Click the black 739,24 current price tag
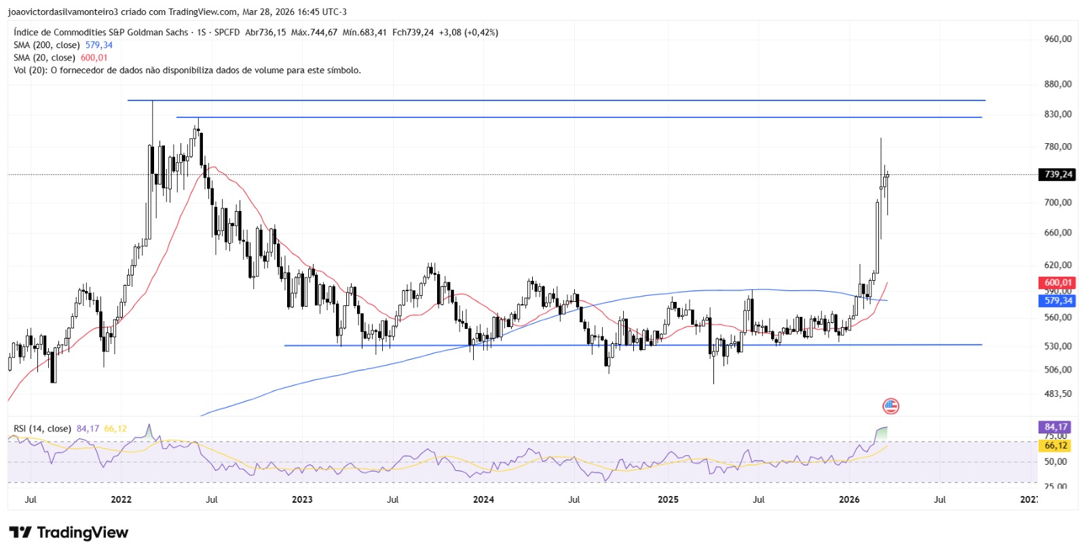point(1057,174)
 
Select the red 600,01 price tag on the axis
point(1057,282)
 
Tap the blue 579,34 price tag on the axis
point(1057,301)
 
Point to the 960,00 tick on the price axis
point(1057,39)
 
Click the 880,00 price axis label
point(1057,84)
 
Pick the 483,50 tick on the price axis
point(1057,394)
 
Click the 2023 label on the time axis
point(302,499)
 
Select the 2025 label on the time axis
point(668,499)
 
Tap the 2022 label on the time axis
point(121,499)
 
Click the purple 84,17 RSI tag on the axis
point(1055,427)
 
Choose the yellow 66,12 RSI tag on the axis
point(1055,446)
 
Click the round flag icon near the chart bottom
point(891,406)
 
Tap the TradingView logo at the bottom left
point(69,533)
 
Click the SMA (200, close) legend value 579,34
point(99,45)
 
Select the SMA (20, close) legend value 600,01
point(94,58)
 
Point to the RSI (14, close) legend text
point(42,429)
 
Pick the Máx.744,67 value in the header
point(314,32)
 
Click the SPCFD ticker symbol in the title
point(227,32)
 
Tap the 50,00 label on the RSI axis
point(1055,461)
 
